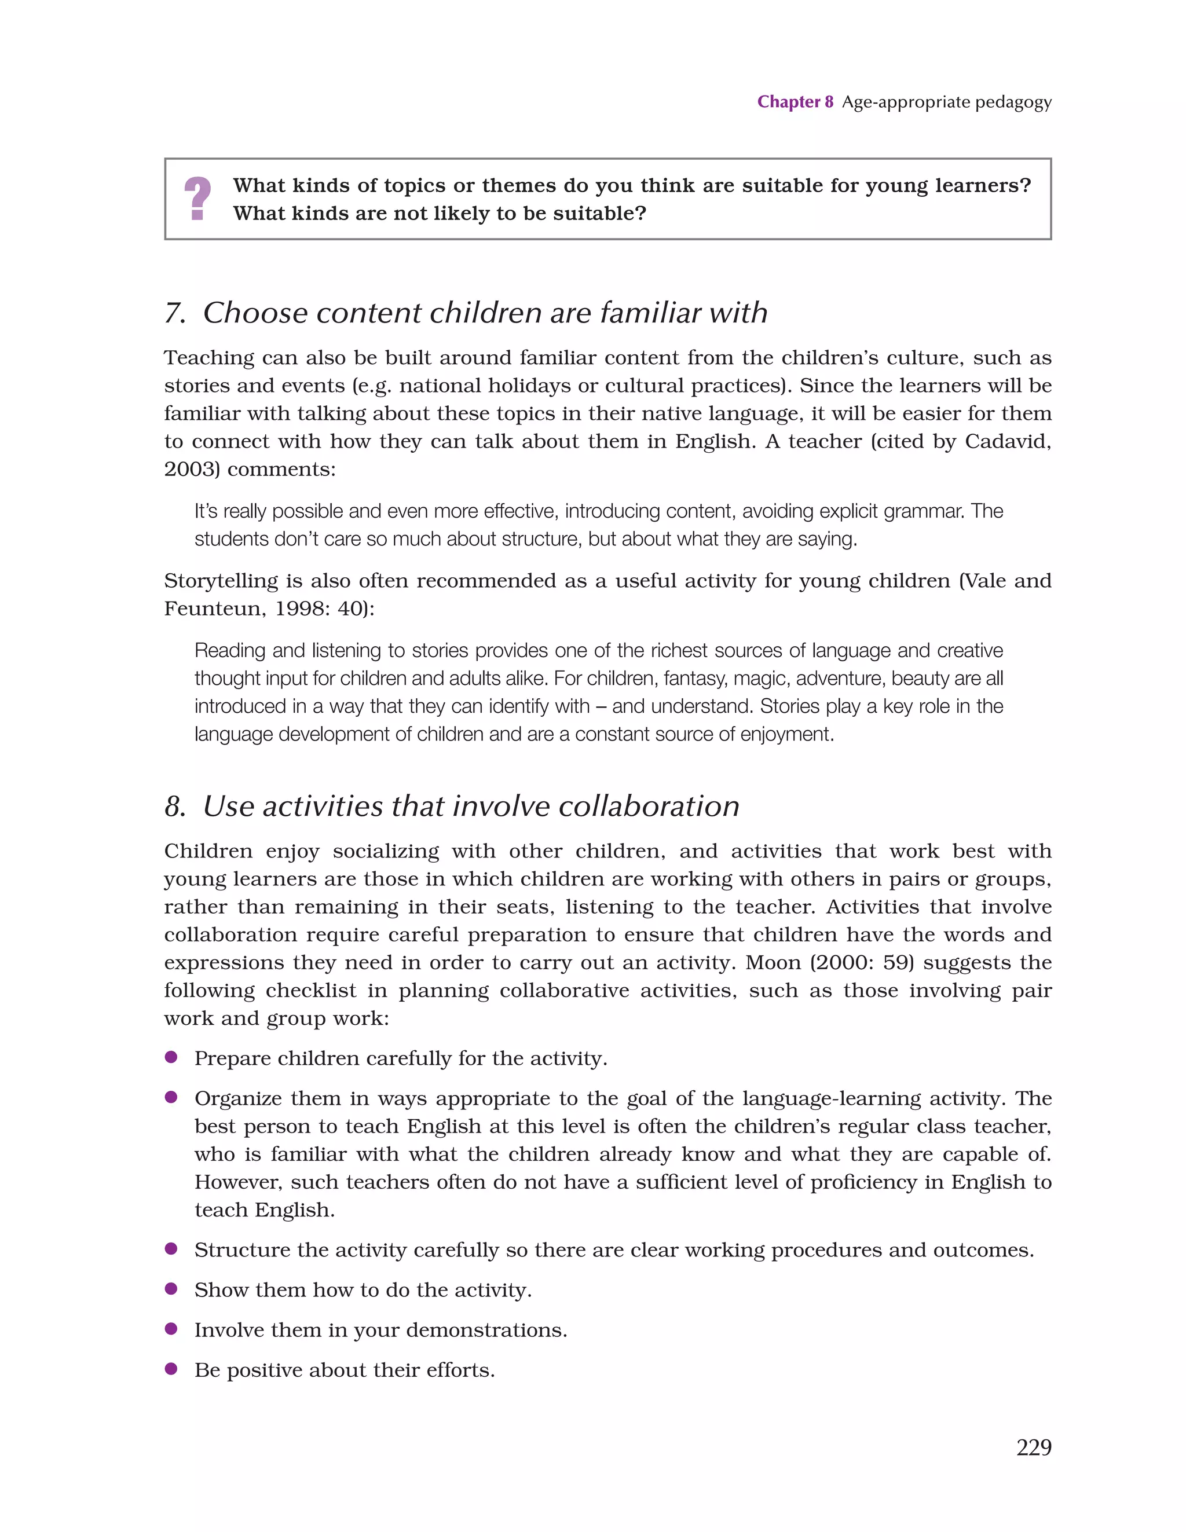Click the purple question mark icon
pos(197,199)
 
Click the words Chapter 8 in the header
pos(795,102)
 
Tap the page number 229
pos(1033,1447)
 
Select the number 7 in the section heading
pos(173,313)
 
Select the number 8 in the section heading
pos(173,806)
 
